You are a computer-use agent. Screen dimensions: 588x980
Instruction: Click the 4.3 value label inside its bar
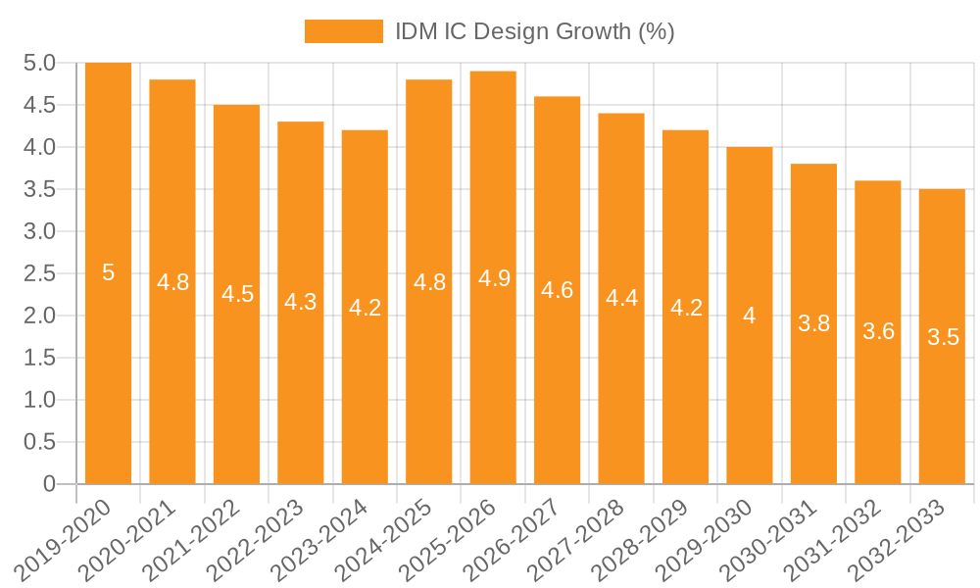click(301, 302)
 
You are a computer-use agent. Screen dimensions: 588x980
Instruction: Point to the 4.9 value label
click(493, 278)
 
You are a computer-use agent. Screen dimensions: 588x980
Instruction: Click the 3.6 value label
click(878, 331)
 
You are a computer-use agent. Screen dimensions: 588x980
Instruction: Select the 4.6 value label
click(557, 290)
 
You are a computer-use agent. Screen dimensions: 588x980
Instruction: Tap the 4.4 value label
click(621, 298)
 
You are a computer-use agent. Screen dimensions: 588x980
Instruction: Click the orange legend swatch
click(344, 31)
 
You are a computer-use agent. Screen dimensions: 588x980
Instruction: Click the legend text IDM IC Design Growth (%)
click(534, 31)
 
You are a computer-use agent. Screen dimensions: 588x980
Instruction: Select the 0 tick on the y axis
click(49, 484)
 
